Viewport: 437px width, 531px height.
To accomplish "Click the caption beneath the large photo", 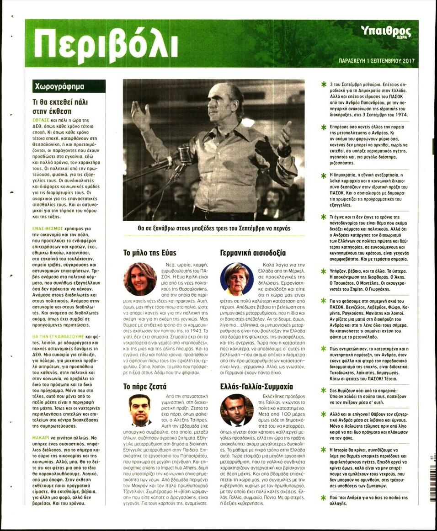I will tap(213, 228).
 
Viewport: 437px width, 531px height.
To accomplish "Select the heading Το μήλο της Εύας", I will tap(150, 252).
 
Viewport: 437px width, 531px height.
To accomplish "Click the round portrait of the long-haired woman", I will tap(140, 279).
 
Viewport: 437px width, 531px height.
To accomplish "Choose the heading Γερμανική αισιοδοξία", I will tap(252, 252).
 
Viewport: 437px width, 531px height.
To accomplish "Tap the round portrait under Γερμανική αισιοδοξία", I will tap(237, 279).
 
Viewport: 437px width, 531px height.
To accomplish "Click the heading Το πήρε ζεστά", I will tap(144, 386).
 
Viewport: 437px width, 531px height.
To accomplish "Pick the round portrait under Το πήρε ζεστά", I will tap(140, 410).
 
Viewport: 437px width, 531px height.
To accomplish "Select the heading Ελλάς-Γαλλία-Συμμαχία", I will tap(256, 386).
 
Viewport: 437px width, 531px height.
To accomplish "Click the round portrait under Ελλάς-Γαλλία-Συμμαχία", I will tap(237, 410).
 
